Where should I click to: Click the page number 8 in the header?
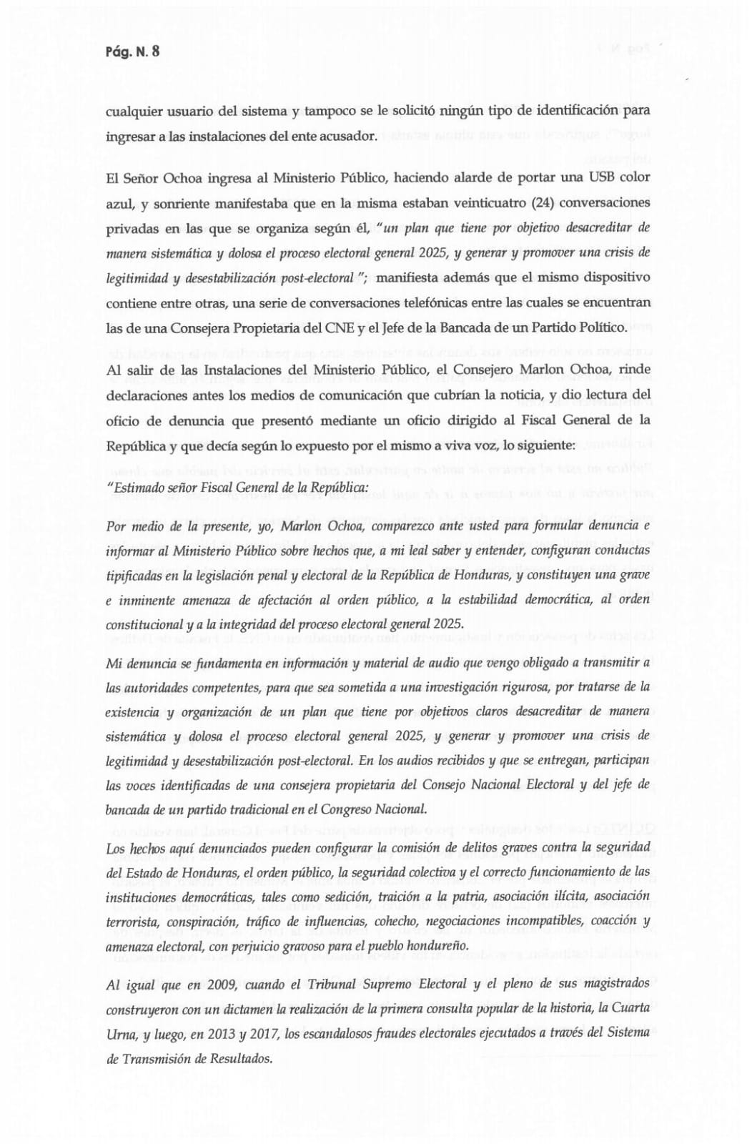[155, 51]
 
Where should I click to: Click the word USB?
[603, 177]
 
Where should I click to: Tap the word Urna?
[120, 1033]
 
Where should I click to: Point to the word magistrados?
[615, 985]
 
